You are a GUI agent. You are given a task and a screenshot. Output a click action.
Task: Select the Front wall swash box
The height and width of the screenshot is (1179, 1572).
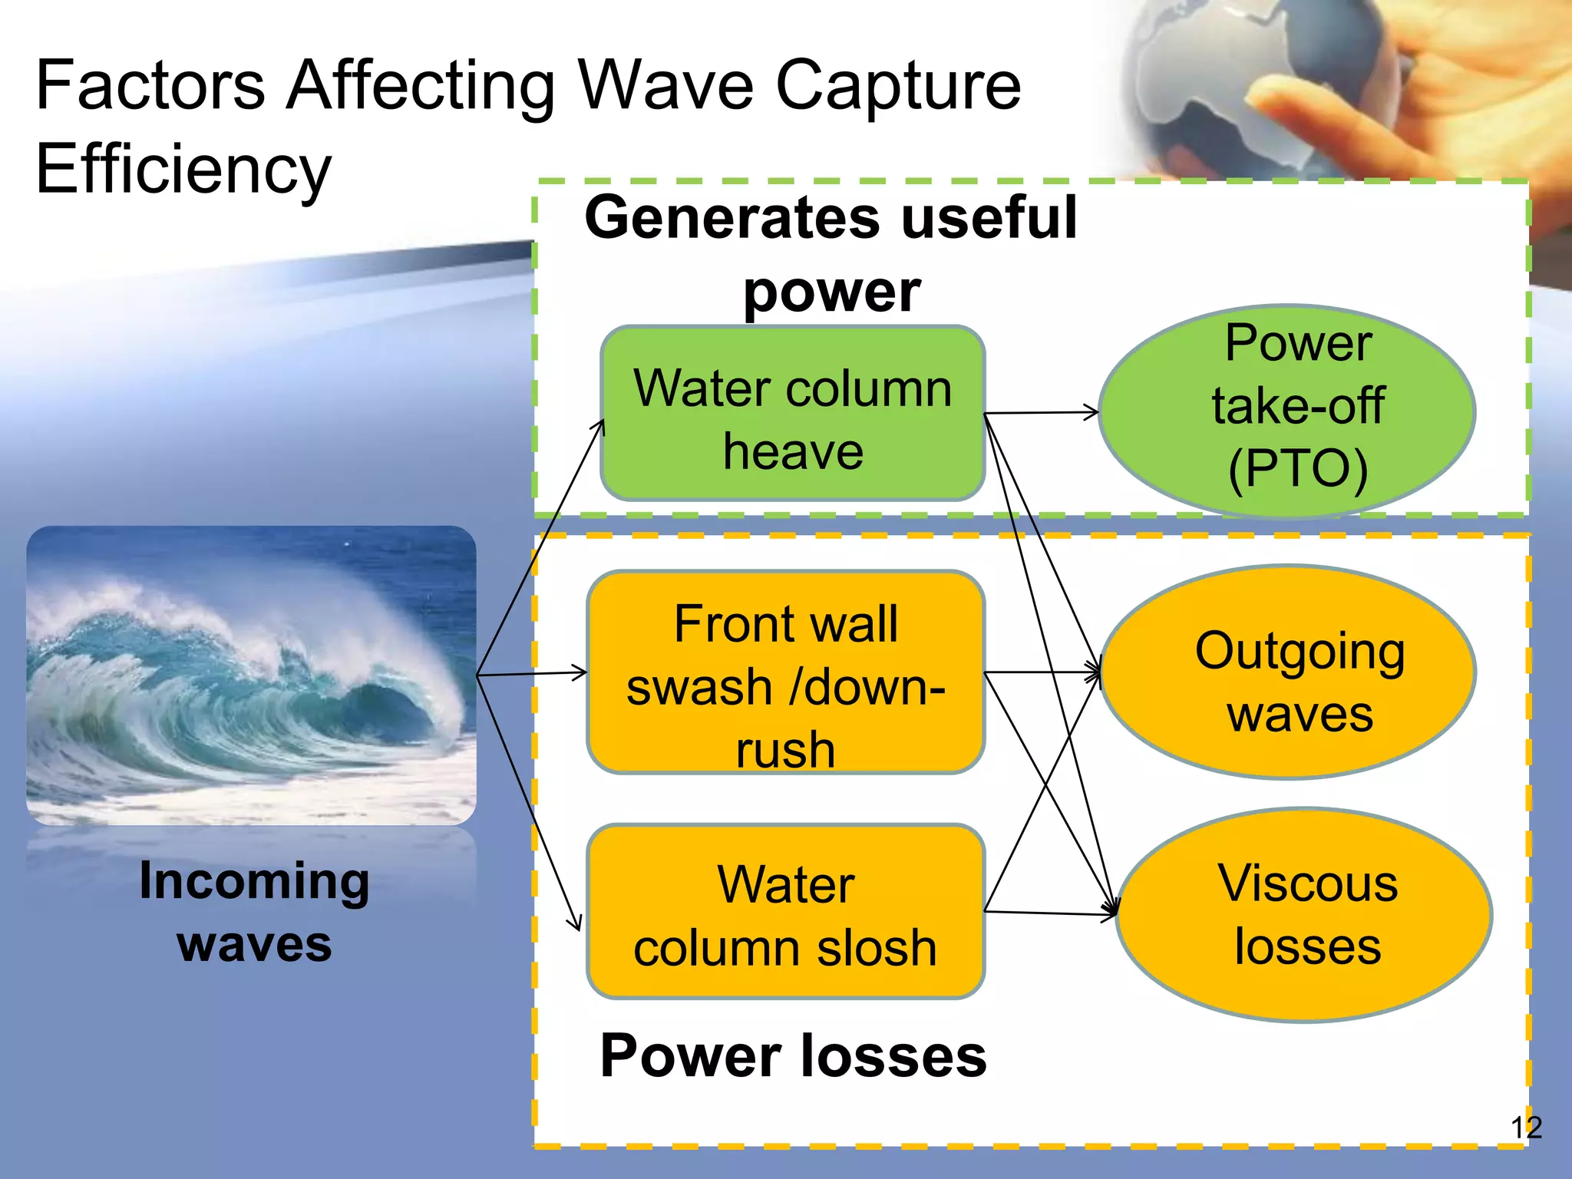(x=785, y=672)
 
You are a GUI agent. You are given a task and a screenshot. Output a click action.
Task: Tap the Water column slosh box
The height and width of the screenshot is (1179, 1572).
(x=785, y=912)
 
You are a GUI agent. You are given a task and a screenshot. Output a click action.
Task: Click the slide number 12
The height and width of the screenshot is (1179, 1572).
(x=1526, y=1127)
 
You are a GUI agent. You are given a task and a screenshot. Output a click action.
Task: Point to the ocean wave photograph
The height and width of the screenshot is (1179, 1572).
(x=251, y=675)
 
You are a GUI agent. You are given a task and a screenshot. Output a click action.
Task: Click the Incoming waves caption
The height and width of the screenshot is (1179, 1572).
(x=254, y=911)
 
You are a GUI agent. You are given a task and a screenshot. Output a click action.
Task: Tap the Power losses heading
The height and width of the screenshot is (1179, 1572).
(x=793, y=1056)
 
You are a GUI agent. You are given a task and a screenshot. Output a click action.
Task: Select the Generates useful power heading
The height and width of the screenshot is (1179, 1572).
(x=831, y=253)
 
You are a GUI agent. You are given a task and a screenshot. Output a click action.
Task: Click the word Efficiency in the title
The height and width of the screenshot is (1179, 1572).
(x=183, y=169)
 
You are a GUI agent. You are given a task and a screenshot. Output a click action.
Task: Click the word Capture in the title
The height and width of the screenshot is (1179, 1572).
(x=898, y=86)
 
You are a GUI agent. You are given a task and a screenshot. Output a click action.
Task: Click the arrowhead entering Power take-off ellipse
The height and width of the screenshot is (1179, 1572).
(x=1091, y=412)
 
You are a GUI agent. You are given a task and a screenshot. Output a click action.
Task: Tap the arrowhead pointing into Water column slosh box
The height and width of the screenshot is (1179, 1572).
(x=576, y=921)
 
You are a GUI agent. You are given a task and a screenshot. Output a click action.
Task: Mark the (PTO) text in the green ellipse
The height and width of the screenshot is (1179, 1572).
(x=1298, y=468)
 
